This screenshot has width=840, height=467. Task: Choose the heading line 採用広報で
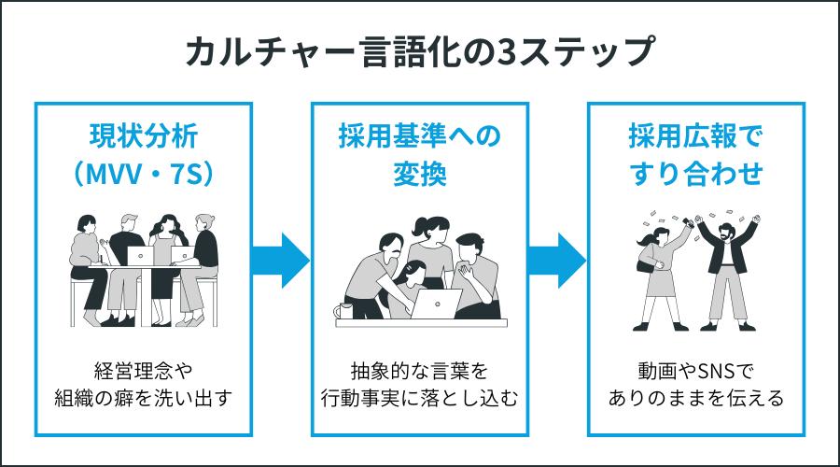click(x=695, y=135)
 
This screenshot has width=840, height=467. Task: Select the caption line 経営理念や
click(x=144, y=367)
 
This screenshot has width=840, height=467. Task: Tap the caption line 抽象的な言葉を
click(x=419, y=367)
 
